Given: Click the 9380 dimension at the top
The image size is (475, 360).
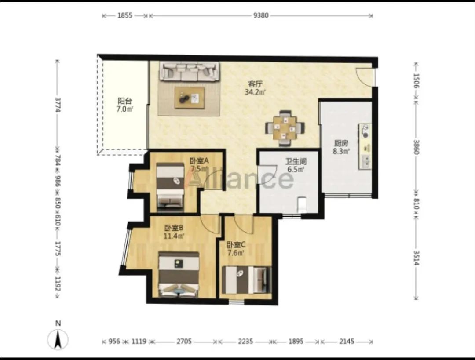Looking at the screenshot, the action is (261, 15).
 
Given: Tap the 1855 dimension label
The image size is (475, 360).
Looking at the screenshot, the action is (125, 15).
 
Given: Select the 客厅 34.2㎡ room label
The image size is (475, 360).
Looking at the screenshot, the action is (255, 88).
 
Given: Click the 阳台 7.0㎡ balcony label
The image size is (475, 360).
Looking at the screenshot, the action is (124, 105).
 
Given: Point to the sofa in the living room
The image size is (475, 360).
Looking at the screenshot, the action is (190, 72).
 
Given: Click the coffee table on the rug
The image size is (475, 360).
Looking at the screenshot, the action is (190, 98).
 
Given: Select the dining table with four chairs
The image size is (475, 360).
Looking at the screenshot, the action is (285, 128).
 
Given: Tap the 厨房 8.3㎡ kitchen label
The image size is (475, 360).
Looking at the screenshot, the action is (341, 147).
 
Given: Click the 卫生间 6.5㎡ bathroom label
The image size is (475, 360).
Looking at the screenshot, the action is (296, 165).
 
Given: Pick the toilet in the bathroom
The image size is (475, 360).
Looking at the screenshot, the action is (302, 204).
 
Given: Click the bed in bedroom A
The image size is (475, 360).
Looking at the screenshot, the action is (170, 187).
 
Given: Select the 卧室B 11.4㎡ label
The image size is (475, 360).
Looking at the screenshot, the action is (174, 232).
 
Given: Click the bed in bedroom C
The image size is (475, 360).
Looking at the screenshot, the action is (246, 280).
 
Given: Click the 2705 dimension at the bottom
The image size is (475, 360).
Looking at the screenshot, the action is (184, 342).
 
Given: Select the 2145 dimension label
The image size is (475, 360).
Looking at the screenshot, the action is (347, 342).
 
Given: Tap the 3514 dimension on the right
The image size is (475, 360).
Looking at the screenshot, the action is (416, 258).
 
